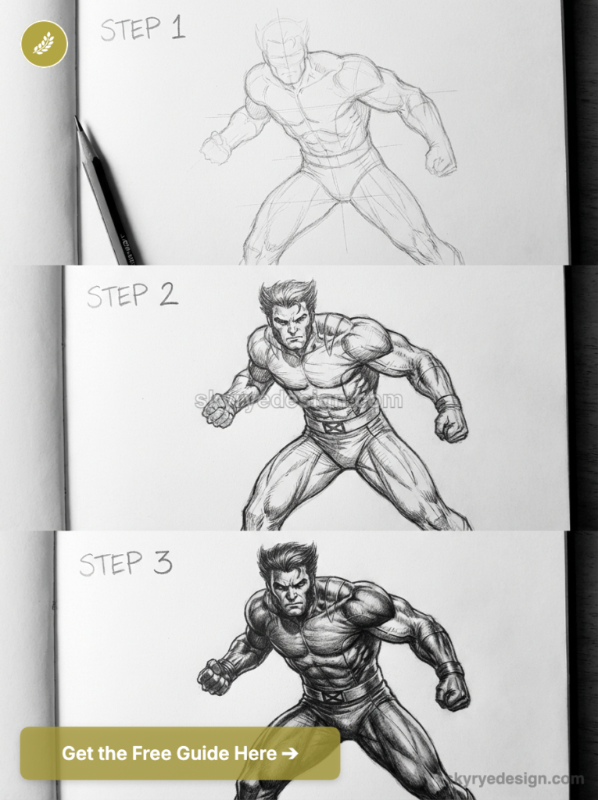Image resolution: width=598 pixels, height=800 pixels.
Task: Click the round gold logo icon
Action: coord(44,44)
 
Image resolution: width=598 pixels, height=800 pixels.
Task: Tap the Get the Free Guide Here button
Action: coord(180,753)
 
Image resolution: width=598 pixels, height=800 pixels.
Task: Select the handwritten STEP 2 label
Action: coord(131,295)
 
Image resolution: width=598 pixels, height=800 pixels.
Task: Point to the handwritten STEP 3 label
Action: coord(125,562)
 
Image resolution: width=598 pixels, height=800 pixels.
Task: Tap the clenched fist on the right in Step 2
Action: coord(451,424)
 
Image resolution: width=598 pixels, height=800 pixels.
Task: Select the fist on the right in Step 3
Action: coord(453,691)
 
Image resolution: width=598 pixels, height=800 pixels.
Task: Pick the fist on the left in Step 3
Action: coord(213,677)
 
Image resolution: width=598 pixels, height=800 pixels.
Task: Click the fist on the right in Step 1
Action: coord(441,159)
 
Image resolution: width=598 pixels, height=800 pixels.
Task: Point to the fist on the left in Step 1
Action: coord(215,148)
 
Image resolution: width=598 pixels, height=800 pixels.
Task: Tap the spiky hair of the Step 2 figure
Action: coord(288,295)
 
